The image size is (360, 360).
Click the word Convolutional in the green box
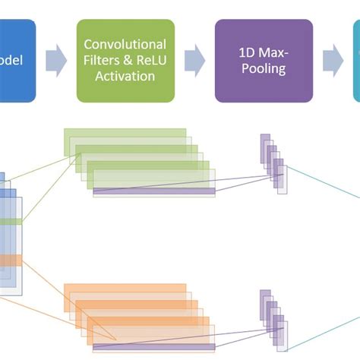click(125, 45)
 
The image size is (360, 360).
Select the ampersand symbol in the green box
click(130, 61)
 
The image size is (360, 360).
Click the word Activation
click(125, 76)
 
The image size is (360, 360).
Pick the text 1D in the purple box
click(244, 53)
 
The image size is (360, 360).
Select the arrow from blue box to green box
click(55, 61)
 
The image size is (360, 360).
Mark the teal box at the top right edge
click(356, 61)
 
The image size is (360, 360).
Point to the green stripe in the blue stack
click(9, 221)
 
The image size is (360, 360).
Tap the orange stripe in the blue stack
click(9, 261)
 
